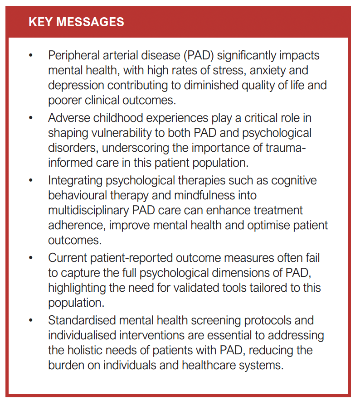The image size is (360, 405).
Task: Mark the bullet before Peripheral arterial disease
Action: [x=31, y=56]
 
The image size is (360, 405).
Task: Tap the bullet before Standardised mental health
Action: [x=31, y=320]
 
